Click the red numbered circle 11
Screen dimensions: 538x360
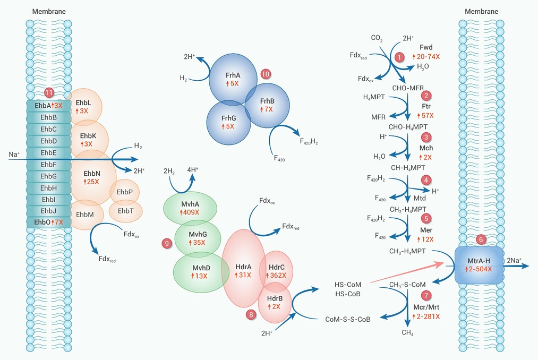pyautogui.click(x=49, y=93)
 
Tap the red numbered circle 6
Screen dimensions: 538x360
pyautogui.click(x=481, y=239)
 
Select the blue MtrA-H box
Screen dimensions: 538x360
pyautogui.click(x=480, y=265)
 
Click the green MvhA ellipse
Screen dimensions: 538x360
pyautogui.click(x=190, y=208)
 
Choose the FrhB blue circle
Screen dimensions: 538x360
pyautogui.click(x=267, y=106)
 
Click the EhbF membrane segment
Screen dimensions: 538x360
pyautogui.click(x=49, y=165)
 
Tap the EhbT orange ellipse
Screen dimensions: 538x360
pyautogui.click(x=125, y=211)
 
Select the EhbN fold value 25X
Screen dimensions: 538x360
pyautogui.click(x=91, y=182)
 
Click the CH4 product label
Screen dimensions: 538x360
pyautogui.click(x=408, y=332)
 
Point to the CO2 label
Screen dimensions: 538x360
pyautogui.click(x=377, y=38)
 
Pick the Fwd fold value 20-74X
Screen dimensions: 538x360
pyautogui.click(x=426, y=57)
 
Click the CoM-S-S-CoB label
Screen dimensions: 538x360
pyautogui.click(x=348, y=320)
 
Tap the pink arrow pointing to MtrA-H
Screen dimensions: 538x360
pyautogui.click(x=407, y=273)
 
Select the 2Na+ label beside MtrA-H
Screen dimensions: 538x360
pyautogui.click(x=514, y=261)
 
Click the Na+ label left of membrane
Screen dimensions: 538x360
pyautogui.click(x=13, y=154)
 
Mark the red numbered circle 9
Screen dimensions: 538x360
pyautogui.click(x=167, y=243)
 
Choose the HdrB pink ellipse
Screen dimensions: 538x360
pyautogui.click(x=275, y=302)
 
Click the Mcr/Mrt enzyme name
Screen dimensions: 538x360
pyautogui.click(x=426, y=307)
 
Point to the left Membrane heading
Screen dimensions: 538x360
pyautogui.click(x=49, y=11)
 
